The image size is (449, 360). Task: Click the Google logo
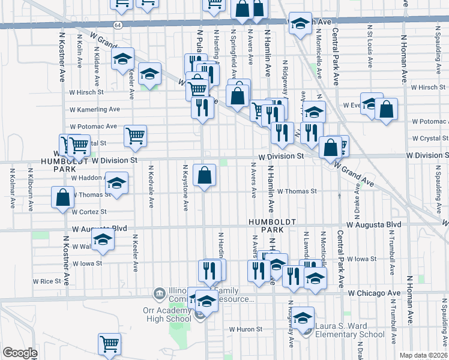coord(20,353)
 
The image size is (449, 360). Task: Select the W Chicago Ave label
coord(374,293)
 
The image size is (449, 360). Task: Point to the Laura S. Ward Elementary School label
coord(350,330)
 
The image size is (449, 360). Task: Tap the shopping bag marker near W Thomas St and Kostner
coord(63,197)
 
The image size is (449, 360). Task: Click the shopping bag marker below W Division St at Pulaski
coord(205,176)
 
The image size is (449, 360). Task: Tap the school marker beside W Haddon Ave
coord(117,182)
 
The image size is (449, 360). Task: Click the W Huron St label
coord(246,329)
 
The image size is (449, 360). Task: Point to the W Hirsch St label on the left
coord(86,93)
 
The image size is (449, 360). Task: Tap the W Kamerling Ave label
coord(94,110)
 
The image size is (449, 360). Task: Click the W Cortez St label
coord(89,212)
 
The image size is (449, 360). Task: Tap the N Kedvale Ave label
coord(152,187)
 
